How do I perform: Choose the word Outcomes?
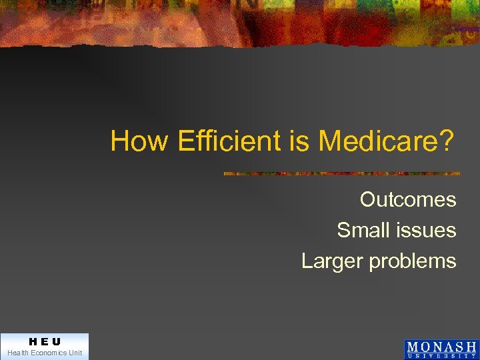click(408, 199)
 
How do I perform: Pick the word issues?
click(426, 230)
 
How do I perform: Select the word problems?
click(413, 261)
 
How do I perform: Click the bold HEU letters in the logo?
click(45, 342)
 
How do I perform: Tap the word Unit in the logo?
click(75, 353)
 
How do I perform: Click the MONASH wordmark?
click(441, 347)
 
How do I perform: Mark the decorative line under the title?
click(341, 173)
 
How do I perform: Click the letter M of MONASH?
click(413, 347)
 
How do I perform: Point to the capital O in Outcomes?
click(368, 199)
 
